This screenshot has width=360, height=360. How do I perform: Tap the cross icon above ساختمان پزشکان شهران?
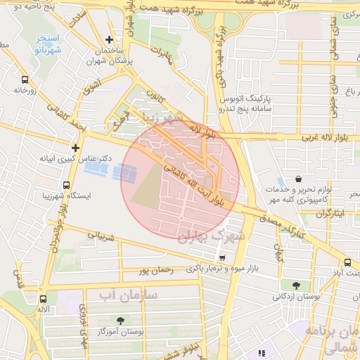tap(108, 40)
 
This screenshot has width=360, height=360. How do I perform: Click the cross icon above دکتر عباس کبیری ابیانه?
tap(75, 148)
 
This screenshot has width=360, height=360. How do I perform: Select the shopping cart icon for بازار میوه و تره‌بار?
tap(222, 258)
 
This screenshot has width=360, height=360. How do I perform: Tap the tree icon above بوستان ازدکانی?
tap(295, 285)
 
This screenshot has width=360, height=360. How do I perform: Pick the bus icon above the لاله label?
tap(44, 298)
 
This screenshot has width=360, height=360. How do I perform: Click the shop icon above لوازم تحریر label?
tap(300, 179)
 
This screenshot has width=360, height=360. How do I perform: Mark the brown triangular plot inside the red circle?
tap(146, 185)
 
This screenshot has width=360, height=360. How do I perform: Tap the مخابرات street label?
tap(160, 53)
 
